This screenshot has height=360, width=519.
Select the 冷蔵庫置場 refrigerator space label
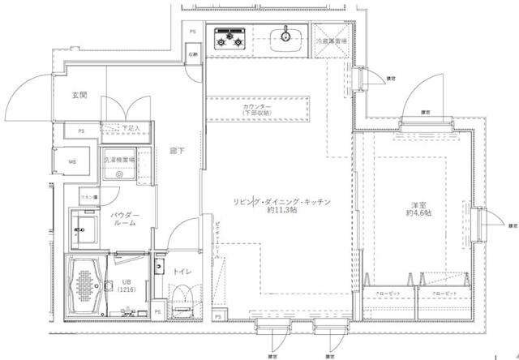332,39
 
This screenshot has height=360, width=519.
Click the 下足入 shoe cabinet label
130,128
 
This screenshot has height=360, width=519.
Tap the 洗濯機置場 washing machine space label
119,161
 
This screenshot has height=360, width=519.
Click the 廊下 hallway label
175,151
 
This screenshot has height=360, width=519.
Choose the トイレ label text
182,272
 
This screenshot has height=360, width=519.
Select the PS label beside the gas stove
192,32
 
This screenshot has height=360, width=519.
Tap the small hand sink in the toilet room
158,265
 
